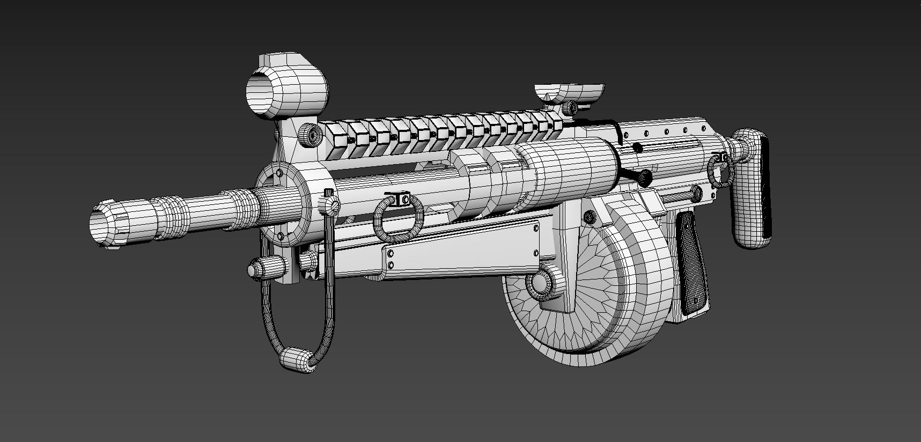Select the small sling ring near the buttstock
click(719, 172)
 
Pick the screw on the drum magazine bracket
click(590, 217)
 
